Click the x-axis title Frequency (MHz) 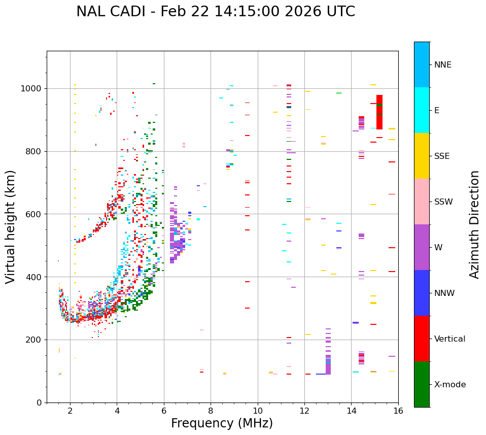tap(222, 423)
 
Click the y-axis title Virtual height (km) tap(11, 227)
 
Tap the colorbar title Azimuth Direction tap(474, 224)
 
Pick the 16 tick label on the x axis tap(398, 411)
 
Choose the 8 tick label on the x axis tap(211, 411)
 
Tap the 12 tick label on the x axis tap(304, 411)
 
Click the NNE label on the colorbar tap(443, 65)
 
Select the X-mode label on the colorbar tap(450, 385)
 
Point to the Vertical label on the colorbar tap(449, 339)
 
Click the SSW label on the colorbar tap(443, 202)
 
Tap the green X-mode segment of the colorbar tap(422, 384)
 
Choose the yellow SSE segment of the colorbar tap(422, 156)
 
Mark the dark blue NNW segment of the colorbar tap(422, 293)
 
